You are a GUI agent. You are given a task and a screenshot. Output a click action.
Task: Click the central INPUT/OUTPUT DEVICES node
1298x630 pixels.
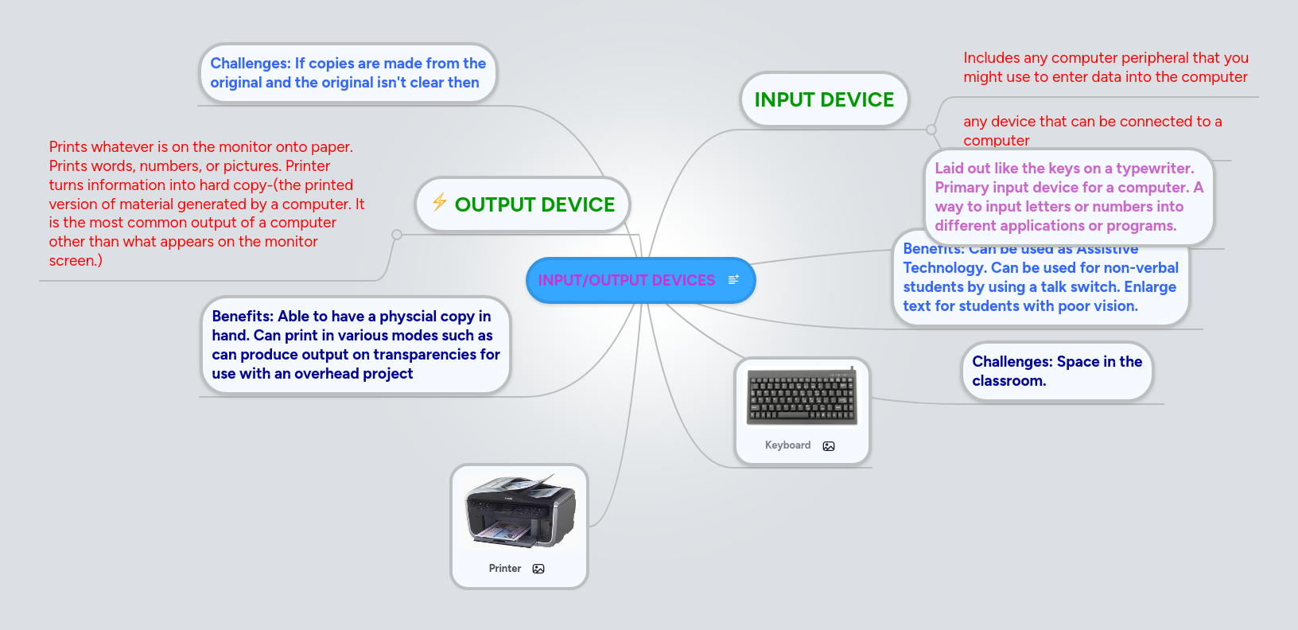coord(626,280)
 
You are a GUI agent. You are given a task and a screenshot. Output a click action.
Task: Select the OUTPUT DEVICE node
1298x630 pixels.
coord(534,204)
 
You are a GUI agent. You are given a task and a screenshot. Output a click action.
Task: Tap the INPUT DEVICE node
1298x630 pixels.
coord(824,99)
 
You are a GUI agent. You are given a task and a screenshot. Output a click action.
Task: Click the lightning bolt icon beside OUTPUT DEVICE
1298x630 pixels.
coord(439,202)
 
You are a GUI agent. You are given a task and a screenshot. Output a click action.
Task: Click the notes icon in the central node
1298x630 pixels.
coord(733,279)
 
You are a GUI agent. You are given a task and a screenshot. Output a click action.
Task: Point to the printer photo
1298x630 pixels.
coord(519,511)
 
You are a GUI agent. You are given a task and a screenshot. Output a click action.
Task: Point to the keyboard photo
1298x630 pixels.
coord(802,397)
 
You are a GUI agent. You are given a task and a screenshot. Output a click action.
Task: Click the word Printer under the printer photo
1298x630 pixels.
coord(505,569)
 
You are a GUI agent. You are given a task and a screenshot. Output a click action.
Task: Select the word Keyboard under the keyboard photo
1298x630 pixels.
coord(787,445)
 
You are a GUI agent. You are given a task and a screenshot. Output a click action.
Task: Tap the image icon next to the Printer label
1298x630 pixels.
coord(538,569)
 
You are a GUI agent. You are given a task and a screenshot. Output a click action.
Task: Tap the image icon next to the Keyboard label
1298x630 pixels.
coord(829,446)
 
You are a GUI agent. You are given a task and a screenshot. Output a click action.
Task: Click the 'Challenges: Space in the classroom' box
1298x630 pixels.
coord(1056,371)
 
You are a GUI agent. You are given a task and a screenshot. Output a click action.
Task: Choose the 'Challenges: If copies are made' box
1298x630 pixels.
coord(348,73)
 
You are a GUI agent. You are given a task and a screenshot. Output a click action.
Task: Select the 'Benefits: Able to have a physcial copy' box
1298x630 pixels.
coord(355,345)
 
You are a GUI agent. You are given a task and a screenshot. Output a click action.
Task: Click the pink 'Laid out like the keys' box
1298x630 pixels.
coord(1068,197)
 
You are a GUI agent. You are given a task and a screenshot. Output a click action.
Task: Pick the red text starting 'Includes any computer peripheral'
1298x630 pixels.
coord(1106,68)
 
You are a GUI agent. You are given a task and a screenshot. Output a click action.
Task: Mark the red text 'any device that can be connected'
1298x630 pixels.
coord(1092,130)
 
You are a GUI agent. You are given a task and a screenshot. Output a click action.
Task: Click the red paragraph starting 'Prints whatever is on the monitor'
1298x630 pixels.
coord(206,204)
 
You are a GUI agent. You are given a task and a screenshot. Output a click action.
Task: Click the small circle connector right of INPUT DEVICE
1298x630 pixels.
coord(931,129)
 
